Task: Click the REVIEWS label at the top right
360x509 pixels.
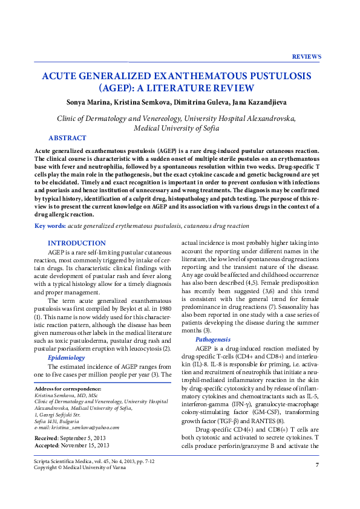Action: tap(306, 56)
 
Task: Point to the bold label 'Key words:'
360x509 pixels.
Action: tap(50, 225)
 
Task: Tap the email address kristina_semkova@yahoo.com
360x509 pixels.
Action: tap(84, 427)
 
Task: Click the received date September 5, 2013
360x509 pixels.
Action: tap(85, 437)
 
